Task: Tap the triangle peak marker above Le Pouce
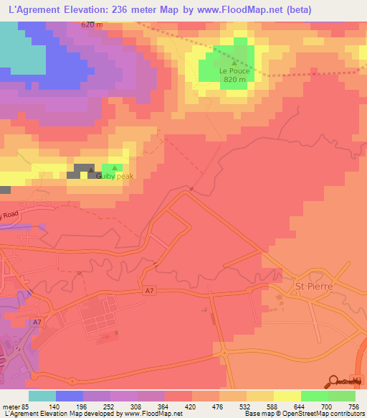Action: coord(232,62)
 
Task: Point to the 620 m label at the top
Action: coord(92,24)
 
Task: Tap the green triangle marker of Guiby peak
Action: coord(115,168)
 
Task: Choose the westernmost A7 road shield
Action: coord(37,322)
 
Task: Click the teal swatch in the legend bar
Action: coord(42,396)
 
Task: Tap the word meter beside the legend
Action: coord(10,407)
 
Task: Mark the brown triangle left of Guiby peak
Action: coord(91,169)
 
